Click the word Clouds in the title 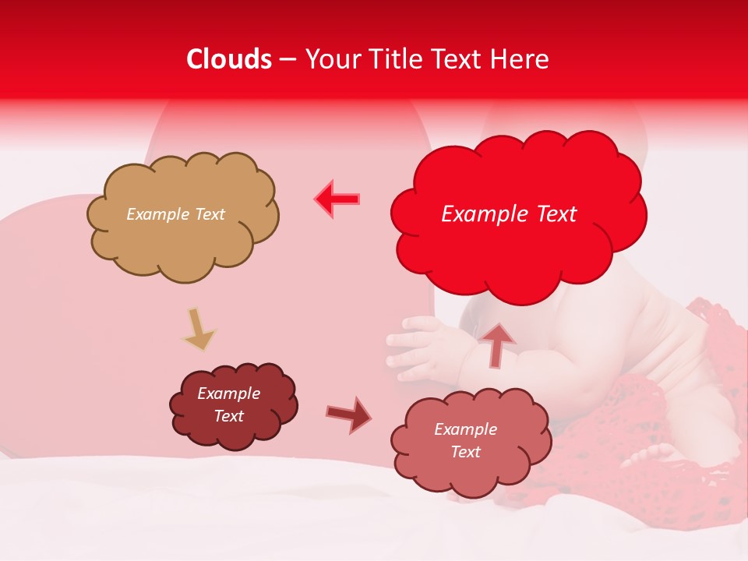[230, 59]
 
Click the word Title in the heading [397, 59]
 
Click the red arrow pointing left [337, 199]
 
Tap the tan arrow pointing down [199, 330]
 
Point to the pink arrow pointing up [497, 344]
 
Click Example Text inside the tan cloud [175, 214]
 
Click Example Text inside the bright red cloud [509, 214]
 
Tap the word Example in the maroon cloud [229, 393]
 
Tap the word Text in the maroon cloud [229, 416]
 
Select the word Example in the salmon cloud [465, 429]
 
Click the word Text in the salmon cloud [465, 452]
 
